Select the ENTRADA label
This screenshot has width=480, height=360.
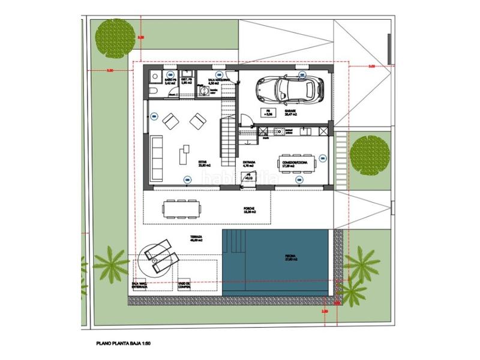coord(250,161)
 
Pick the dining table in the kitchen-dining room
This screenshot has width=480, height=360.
coord(300,162)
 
